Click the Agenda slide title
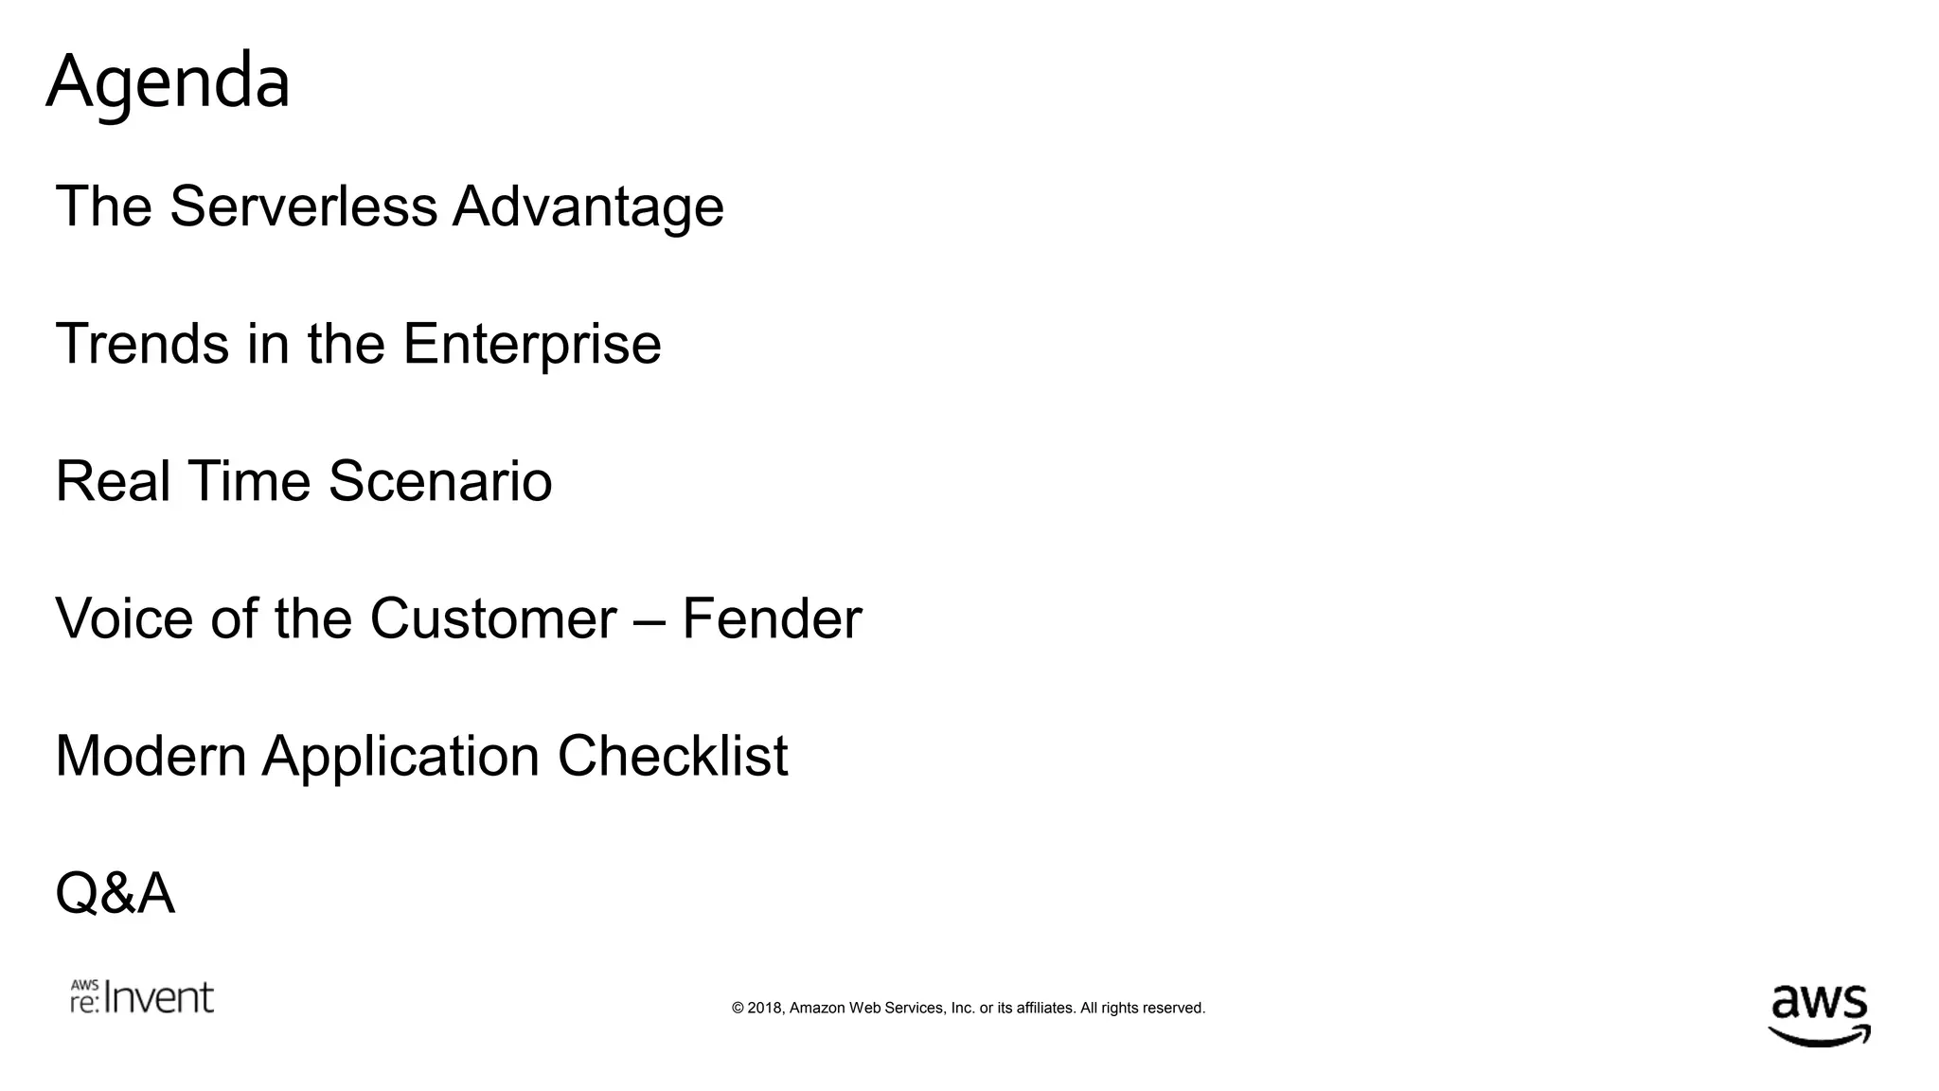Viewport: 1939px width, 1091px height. pos(168,82)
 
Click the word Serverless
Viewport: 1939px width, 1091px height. pos(303,206)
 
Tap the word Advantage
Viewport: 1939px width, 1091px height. pos(588,207)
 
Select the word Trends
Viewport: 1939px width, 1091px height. pos(142,343)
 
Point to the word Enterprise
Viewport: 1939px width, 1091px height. pos(532,345)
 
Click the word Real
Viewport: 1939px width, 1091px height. pos(113,480)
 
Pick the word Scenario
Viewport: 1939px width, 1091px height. pos(440,480)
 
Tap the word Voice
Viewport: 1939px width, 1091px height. pos(124,618)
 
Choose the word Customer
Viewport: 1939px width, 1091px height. pos(492,618)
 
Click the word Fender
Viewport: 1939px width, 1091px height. pos(772,618)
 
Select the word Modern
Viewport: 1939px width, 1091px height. pos(151,756)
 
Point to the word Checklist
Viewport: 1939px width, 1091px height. pos(672,756)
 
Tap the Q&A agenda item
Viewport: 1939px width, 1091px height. pos(115,893)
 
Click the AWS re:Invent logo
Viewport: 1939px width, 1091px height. pos(142,997)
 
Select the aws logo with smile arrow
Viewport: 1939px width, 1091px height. pos(1819,1013)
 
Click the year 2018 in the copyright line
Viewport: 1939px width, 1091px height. pos(765,1008)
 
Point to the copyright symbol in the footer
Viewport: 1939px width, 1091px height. pos(738,1008)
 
